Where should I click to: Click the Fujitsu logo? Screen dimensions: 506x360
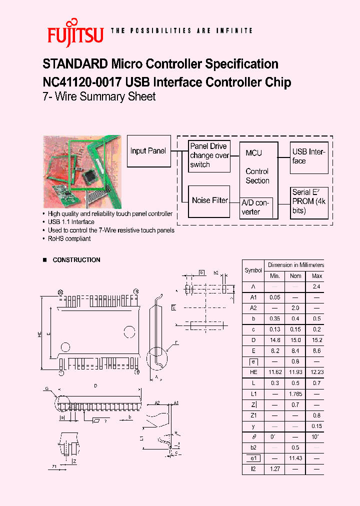(x=75, y=33)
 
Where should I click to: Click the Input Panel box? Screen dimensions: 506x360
(x=148, y=150)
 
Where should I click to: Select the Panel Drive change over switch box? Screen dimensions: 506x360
(x=209, y=155)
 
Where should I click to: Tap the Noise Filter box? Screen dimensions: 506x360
(x=209, y=200)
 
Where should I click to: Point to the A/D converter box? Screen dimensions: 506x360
(x=256, y=207)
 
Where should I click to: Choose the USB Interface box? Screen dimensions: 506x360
(x=309, y=156)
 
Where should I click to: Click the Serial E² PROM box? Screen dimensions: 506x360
(x=309, y=201)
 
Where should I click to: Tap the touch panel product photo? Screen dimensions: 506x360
(x=82, y=171)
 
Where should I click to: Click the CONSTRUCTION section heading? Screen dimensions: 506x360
(x=76, y=260)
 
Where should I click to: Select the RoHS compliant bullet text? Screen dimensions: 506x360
(x=69, y=239)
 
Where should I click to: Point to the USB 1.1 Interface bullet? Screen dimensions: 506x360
(x=71, y=222)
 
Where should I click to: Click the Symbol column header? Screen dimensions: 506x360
(x=253, y=270)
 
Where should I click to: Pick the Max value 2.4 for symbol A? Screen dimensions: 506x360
(x=316, y=287)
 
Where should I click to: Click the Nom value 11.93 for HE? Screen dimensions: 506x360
(x=296, y=372)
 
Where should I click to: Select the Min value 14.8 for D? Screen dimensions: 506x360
(x=274, y=340)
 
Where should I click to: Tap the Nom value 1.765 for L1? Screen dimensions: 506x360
(x=296, y=394)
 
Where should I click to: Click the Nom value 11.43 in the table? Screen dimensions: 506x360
(x=296, y=458)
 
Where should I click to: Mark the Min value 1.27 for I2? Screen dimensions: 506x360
(x=274, y=469)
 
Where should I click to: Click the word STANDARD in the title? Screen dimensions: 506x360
(x=75, y=64)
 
